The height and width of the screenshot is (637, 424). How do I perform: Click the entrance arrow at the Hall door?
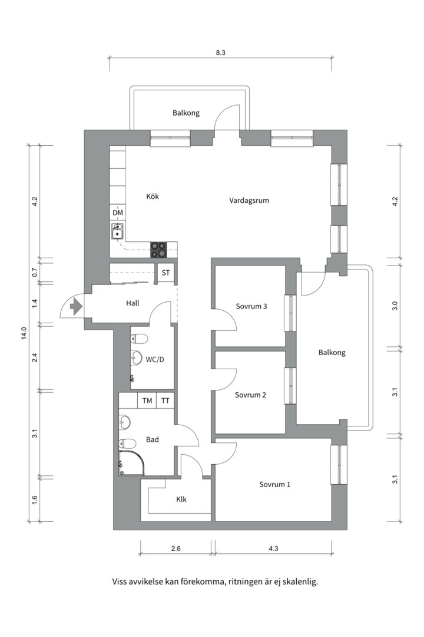(75, 306)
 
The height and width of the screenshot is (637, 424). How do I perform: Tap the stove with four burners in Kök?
(158, 250)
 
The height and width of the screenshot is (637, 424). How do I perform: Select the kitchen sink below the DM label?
(118, 231)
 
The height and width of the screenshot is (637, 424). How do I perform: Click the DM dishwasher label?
(118, 213)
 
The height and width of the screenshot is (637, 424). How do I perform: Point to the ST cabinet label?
(166, 272)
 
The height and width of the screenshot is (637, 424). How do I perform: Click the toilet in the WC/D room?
(140, 339)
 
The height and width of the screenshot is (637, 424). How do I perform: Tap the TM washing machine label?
(147, 401)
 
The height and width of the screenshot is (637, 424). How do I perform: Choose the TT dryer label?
(165, 401)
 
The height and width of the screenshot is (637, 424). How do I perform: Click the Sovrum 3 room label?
(251, 306)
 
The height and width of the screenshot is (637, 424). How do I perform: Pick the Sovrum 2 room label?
(250, 395)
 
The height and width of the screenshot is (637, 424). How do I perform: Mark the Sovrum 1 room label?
(274, 484)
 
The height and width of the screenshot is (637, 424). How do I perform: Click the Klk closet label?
(181, 499)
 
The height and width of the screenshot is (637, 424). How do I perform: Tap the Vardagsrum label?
(249, 201)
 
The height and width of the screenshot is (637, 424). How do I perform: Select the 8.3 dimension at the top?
(221, 52)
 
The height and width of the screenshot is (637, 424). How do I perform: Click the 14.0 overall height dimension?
(24, 333)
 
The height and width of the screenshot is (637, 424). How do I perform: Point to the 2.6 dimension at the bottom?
(175, 549)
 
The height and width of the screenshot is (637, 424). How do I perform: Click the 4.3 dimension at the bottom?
(273, 549)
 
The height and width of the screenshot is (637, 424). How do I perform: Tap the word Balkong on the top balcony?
(186, 113)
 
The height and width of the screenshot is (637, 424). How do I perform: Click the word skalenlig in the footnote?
(299, 581)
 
